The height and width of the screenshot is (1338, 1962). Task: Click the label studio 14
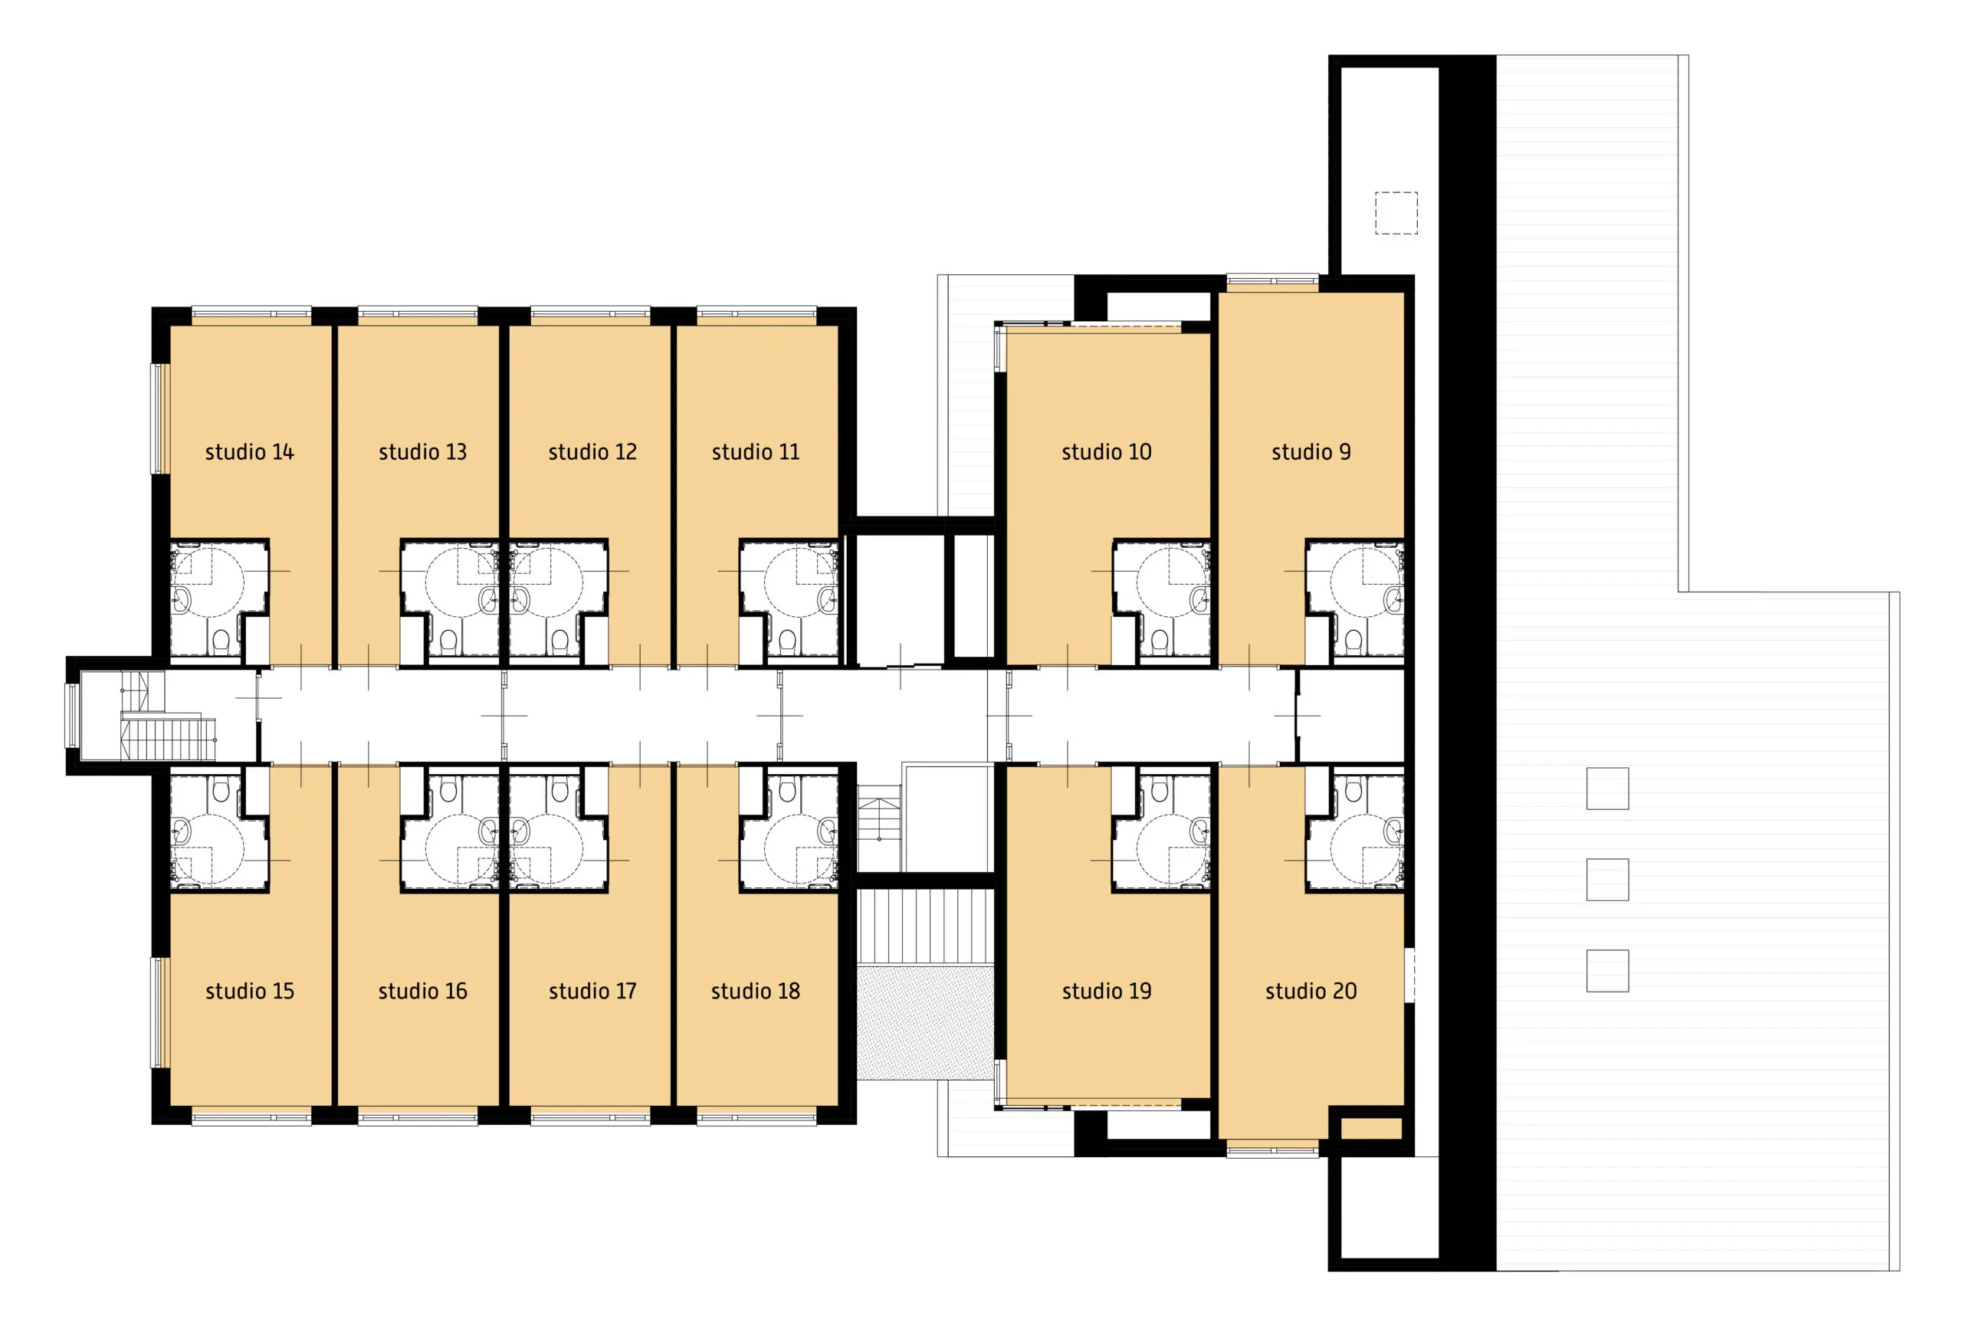click(x=249, y=452)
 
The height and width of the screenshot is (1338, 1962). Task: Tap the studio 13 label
click(x=422, y=452)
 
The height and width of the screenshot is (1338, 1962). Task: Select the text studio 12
click(x=592, y=452)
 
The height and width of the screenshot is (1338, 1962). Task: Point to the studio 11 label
click(x=755, y=452)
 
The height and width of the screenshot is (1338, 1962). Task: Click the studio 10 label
click(x=1106, y=452)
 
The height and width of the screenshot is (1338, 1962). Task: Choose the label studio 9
click(x=1311, y=452)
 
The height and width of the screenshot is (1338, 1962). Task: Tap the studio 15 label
click(x=249, y=991)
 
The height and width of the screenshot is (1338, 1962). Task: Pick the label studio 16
click(x=422, y=991)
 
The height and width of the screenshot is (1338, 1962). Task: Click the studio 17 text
click(x=592, y=991)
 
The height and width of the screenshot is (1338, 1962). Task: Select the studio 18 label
click(x=755, y=991)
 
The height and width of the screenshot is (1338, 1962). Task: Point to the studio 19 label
click(x=1106, y=991)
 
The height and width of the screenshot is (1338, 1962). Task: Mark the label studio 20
click(x=1311, y=991)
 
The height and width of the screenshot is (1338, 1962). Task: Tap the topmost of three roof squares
click(x=1607, y=789)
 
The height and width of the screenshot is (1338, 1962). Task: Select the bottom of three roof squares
click(x=1607, y=971)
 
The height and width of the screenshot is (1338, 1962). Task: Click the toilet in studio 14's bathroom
click(x=221, y=640)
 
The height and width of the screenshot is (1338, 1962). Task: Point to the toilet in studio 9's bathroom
click(x=1353, y=640)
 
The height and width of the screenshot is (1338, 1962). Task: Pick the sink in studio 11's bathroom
click(x=826, y=600)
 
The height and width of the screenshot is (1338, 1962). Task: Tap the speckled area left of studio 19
click(x=925, y=1022)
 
